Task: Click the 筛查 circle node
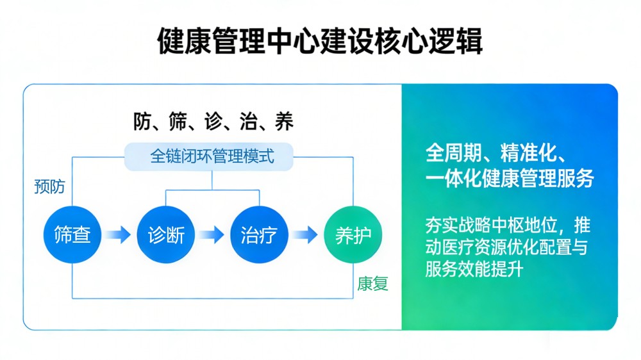click(72, 235)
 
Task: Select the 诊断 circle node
click(166, 235)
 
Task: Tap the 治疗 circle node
click(259, 235)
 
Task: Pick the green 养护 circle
click(353, 235)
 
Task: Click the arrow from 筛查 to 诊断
click(119, 235)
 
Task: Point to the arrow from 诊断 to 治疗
click(212, 235)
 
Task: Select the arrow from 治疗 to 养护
click(305, 235)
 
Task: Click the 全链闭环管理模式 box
click(212, 156)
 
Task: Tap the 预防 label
click(49, 187)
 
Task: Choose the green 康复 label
click(373, 284)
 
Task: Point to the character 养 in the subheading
click(283, 122)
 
